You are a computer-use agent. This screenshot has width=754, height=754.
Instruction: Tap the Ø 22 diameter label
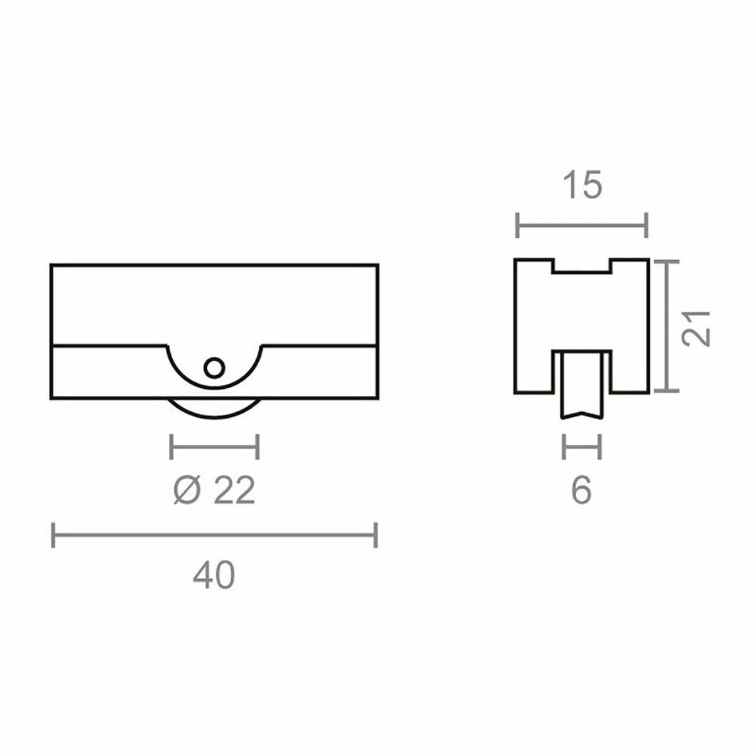point(214,490)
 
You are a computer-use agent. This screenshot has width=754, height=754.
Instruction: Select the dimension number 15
point(582,186)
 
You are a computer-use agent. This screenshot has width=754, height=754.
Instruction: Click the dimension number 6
point(582,490)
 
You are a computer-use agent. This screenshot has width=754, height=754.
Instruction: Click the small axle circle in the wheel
point(214,367)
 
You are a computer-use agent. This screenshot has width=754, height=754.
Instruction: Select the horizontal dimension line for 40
point(214,535)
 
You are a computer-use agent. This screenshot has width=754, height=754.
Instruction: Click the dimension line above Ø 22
point(214,447)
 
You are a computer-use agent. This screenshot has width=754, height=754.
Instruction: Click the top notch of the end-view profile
point(582,266)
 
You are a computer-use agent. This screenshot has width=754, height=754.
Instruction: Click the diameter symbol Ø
point(185,490)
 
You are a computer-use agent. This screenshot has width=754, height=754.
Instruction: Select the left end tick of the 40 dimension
point(53,535)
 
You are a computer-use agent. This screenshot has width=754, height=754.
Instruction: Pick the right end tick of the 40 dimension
point(376,535)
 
